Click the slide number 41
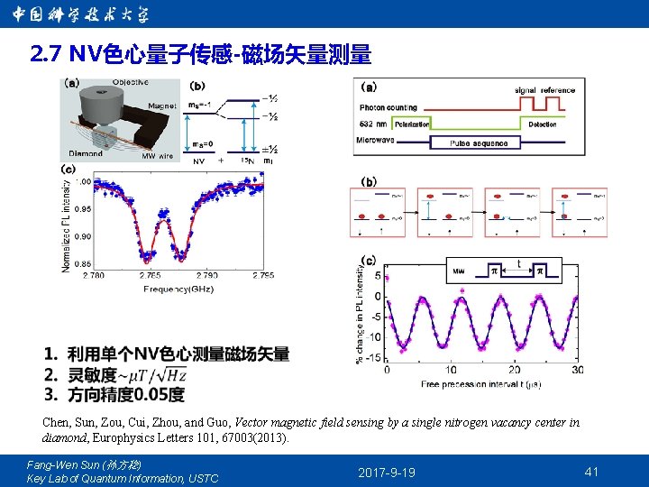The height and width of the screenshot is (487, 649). (591, 471)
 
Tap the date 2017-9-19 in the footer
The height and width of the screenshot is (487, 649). (387, 472)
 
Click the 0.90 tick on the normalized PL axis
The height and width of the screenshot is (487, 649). (81, 236)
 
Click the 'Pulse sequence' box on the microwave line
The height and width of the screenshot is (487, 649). (479, 142)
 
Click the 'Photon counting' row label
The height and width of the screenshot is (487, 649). (388, 107)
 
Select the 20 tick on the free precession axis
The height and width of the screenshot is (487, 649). (514, 370)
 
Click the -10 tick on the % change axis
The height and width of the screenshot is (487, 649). (375, 337)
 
